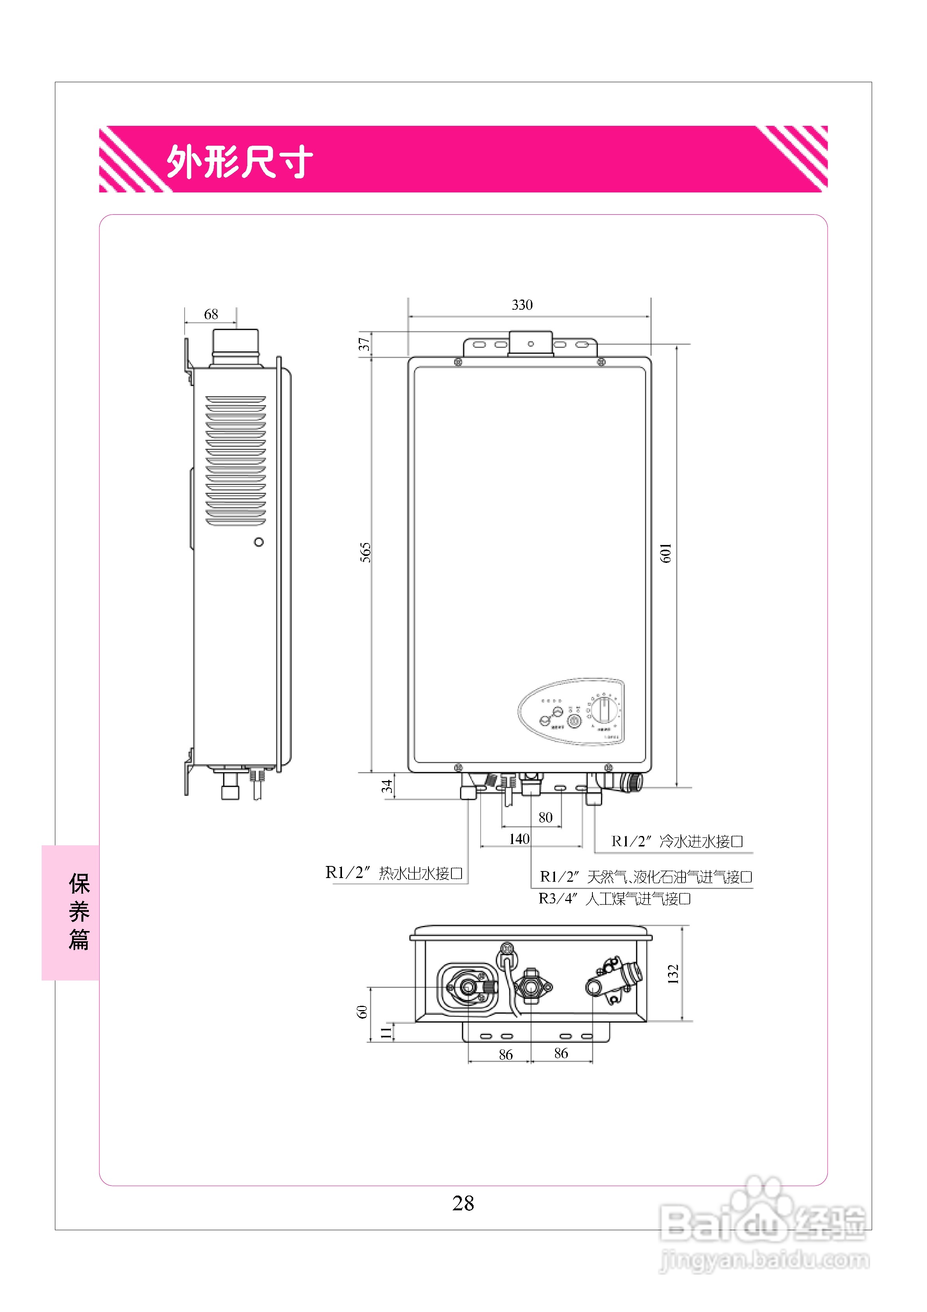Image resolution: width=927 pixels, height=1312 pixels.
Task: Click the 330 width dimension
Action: tap(522, 305)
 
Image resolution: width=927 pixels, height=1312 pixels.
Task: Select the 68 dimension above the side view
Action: tap(211, 314)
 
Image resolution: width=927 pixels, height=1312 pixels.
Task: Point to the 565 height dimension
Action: tap(366, 552)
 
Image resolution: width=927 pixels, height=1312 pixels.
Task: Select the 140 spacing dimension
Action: tap(519, 839)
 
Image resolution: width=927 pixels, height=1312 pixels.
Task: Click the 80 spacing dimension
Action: tap(545, 818)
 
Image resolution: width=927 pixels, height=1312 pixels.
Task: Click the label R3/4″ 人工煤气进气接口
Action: tap(614, 899)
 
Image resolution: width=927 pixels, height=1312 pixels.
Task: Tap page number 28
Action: tap(463, 1203)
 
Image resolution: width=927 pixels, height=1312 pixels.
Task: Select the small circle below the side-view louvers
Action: tap(259, 542)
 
